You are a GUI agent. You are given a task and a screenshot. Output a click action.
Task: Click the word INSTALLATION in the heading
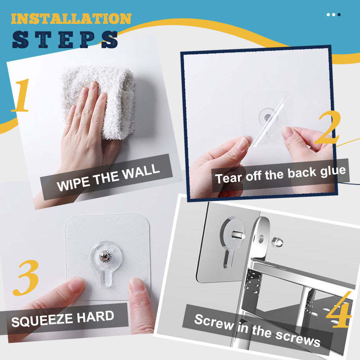tap(71, 19)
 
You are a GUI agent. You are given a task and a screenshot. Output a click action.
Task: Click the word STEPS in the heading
tap(65, 40)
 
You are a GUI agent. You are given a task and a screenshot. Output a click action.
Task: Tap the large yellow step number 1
tap(21, 95)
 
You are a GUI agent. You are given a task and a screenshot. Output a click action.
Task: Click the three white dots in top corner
tap(333, 14)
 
